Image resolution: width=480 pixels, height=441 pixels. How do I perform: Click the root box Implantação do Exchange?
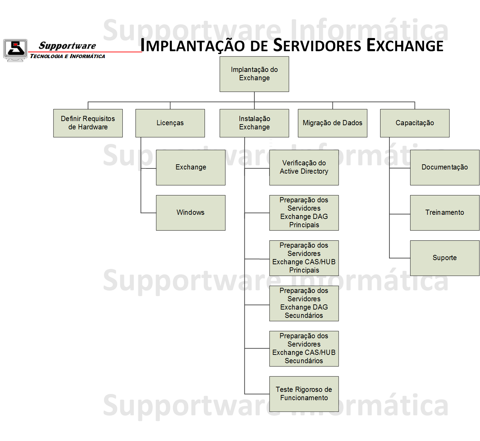click(x=254, y=74)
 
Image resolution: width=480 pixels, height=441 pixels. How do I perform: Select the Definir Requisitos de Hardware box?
click(x=88, y=123)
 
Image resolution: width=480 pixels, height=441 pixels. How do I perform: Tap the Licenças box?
click(x=170, y=123)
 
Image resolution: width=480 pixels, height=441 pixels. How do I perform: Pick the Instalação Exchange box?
click(x=254, y=123)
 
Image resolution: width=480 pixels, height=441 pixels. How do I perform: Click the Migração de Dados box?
click(x=332, y=123)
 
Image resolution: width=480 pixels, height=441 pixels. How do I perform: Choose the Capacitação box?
click(x=415, y=123)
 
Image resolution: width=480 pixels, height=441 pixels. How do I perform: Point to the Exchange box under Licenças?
click(x=191, y=167)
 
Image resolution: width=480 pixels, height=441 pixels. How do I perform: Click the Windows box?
click(x=191, y=213)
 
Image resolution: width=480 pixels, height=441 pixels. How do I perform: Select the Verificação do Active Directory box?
click(x=304, y=167)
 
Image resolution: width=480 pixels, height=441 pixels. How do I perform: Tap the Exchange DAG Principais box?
click(x=304, y=213)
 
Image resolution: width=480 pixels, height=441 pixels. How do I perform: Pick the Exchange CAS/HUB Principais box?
click(x=304, y=258)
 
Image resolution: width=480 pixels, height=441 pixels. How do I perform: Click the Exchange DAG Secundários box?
click(x=304, y=303)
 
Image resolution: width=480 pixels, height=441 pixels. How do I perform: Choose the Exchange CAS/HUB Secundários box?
click(x=304, y=349)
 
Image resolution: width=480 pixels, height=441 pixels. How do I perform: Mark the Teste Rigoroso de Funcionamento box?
click(x=304, y=394)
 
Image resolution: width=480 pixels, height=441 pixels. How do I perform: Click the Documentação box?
click(x=445, y=167)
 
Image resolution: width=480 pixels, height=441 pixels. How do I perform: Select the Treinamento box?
click(x=445, y=213)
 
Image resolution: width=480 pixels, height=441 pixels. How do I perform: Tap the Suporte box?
click(x=445, y=258)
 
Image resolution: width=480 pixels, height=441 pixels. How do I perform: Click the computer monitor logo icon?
click(x=15, y=50)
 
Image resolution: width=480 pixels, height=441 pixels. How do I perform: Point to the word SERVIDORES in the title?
click(x=317, y=45)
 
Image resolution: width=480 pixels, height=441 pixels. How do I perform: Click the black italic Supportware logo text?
click(x=67, y=46)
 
